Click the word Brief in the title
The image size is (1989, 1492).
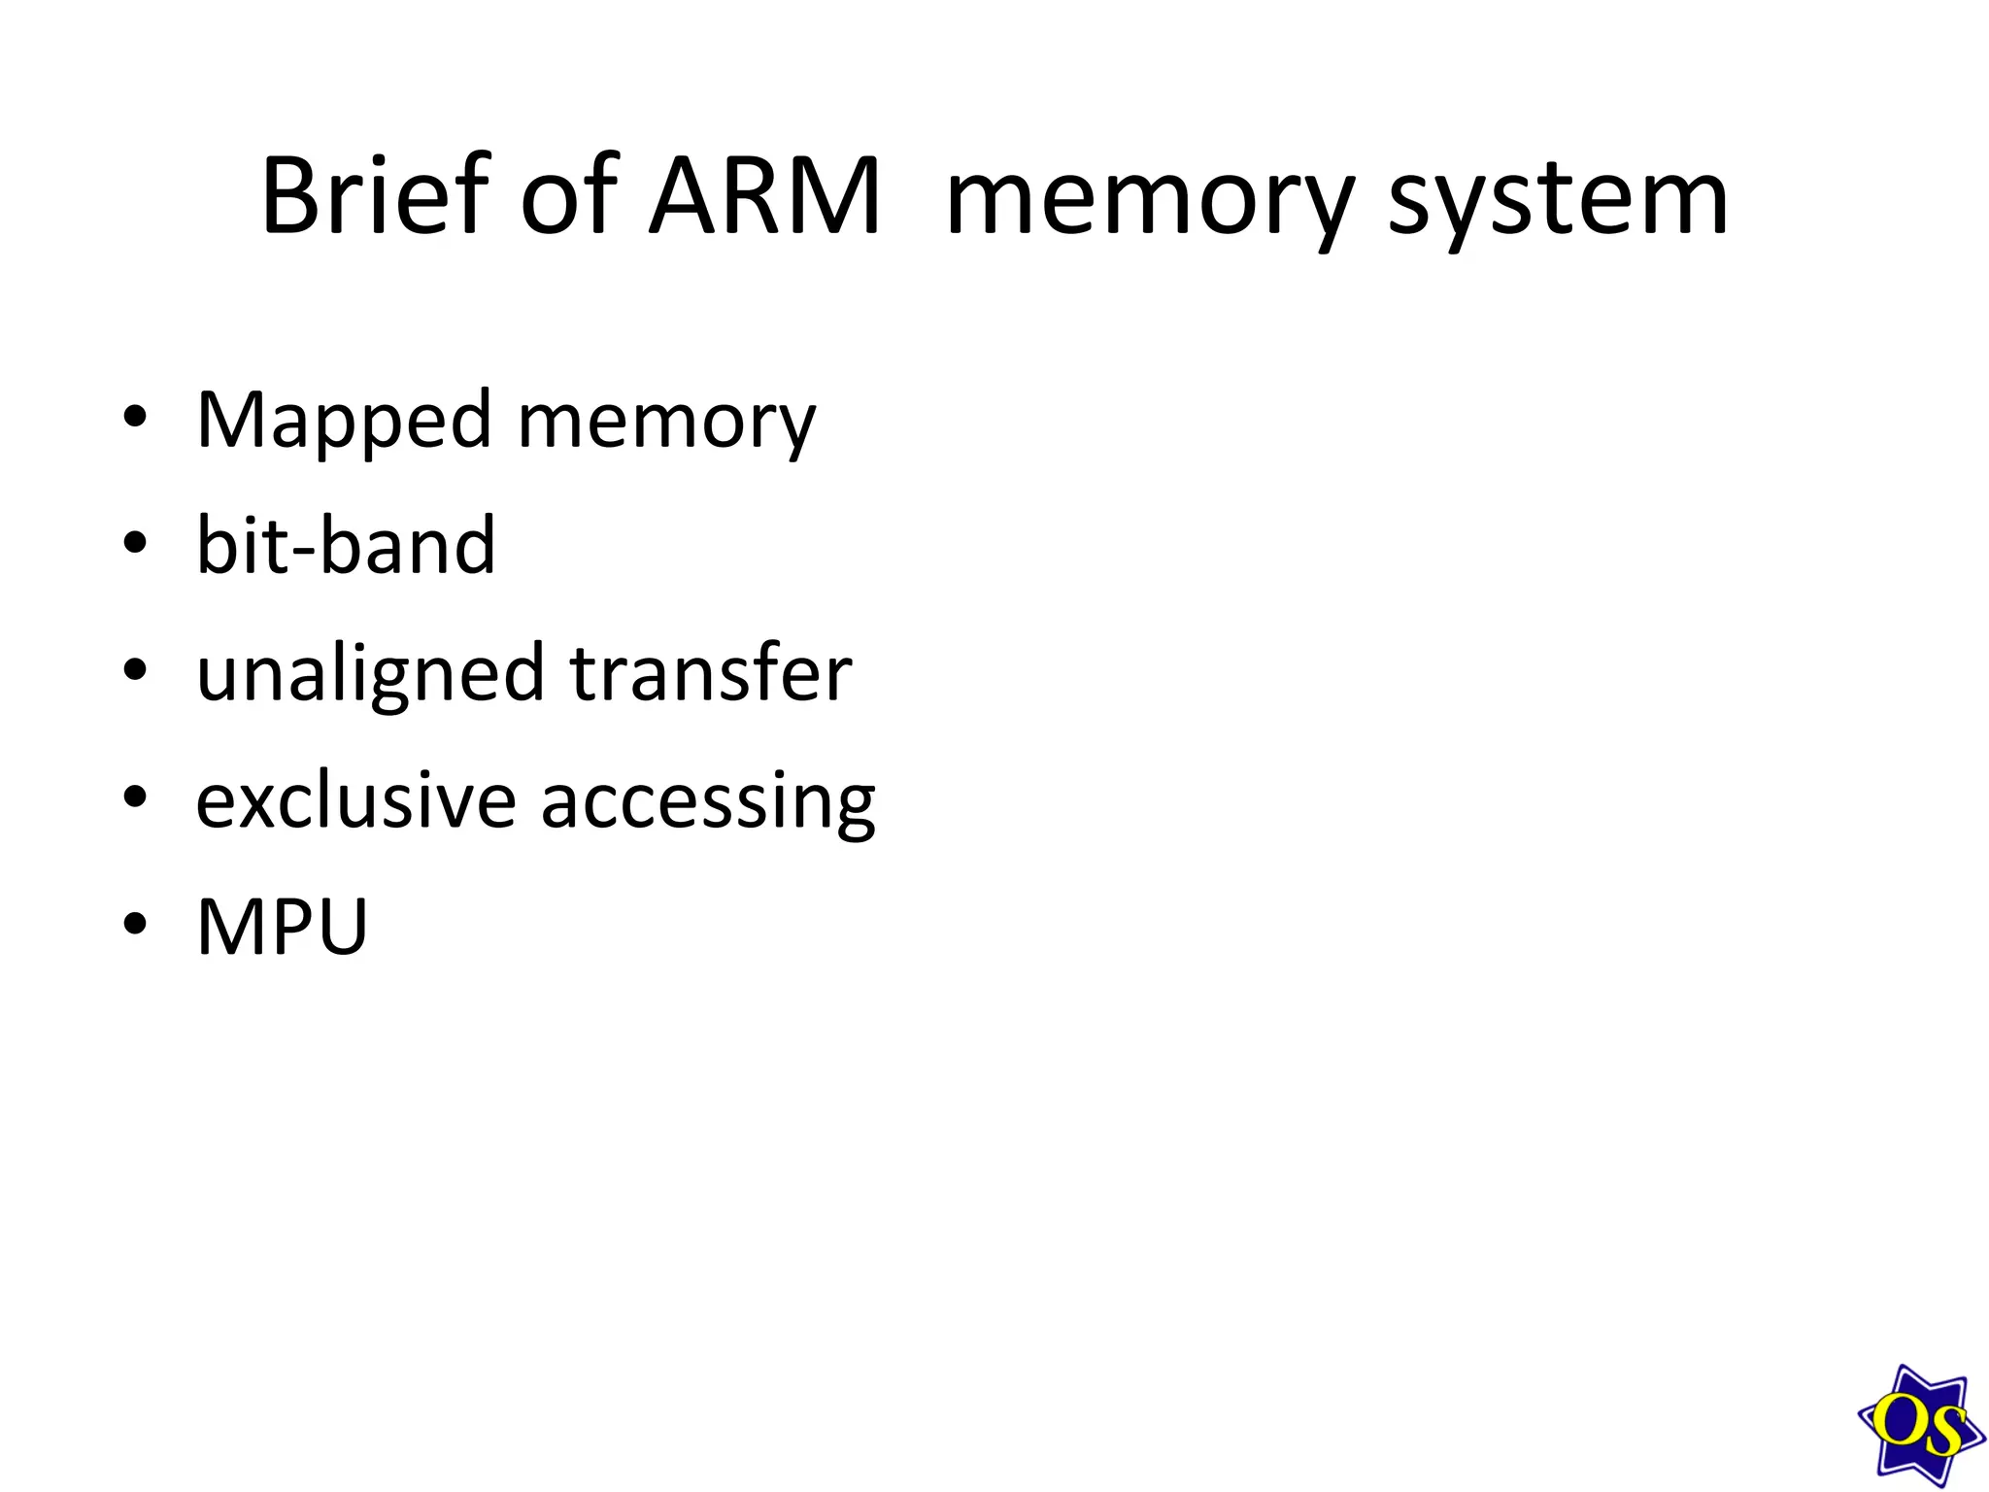pyautogui.click(x=374, y=196)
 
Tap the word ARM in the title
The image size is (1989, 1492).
pyautogui.click(x=764, y=196)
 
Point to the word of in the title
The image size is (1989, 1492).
pyautogui.click(x=569, y=196)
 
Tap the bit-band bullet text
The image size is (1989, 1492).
pyautogui.click(x=346, y=546)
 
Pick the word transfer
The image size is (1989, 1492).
pyautogui.click(x=711, y=672)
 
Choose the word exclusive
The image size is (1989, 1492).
pyautogui.click(x=355, y=800)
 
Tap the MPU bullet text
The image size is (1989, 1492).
pyautogui.click(x=282, y=927)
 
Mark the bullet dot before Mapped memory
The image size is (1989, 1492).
pyautogui.click(x=135, y=418)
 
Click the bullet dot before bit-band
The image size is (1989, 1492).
pyautogui.click(x=135, y=543)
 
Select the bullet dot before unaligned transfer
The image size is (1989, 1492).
pyautogui.click(x=135, y=670)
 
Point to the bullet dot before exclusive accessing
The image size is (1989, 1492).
pyautogui.click(x=135, y=797)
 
